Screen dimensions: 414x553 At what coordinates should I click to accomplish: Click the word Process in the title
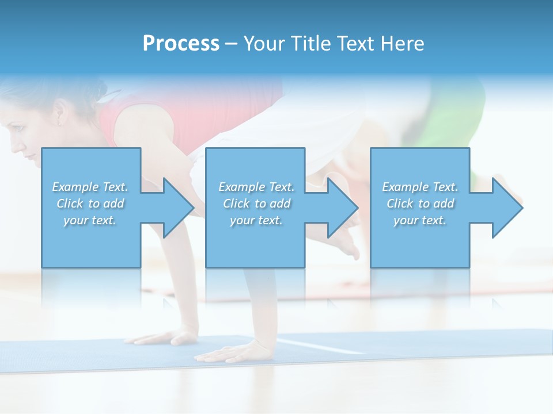tap(181, 44)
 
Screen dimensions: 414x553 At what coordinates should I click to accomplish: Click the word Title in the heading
tap(311, 44)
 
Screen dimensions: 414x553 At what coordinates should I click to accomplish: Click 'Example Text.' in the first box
tap(90, 187)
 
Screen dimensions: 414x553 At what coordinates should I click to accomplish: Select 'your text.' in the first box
tap(90, 220)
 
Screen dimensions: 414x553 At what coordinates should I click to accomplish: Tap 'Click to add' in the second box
tap(256, 204)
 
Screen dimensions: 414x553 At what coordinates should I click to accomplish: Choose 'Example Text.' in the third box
tap(420, 187)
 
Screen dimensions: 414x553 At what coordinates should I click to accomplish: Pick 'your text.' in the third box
tap(420, 220)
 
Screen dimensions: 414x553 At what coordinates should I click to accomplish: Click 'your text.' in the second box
tap(256, 220)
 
